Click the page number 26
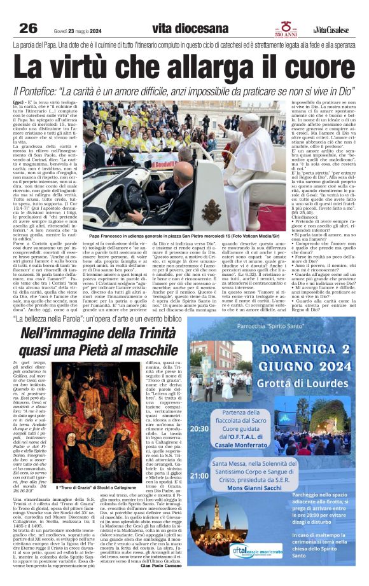coord(28,28)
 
